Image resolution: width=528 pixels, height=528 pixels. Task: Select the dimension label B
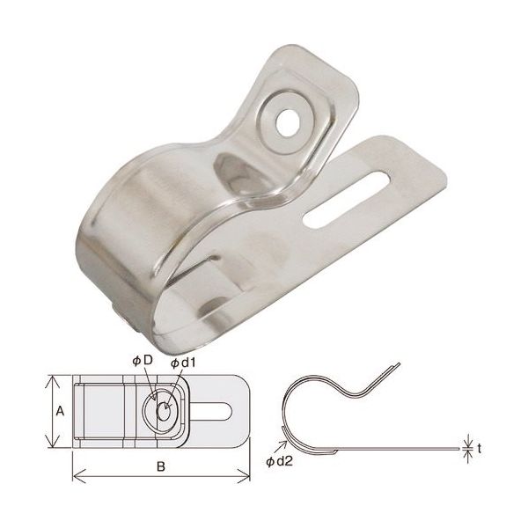pos(160,467)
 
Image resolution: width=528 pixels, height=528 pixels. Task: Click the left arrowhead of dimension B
pos(75,478)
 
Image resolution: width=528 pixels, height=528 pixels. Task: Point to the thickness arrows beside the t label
pos(467,447)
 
